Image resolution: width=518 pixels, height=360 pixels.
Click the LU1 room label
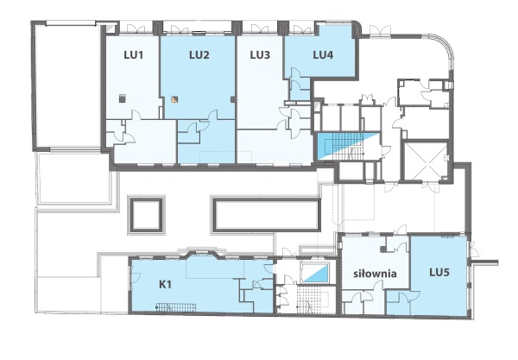point(134,55)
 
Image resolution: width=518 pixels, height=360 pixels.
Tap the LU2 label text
point(199,55)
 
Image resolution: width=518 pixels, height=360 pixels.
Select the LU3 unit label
point(260,55)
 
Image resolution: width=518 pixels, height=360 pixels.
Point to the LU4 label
point(323,55)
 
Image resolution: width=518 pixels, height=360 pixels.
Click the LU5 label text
point(439,273)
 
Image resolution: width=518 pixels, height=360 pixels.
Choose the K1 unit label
point(165,284)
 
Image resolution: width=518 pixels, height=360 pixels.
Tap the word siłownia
point(375,274)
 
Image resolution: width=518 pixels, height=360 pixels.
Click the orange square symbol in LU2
point(174,99)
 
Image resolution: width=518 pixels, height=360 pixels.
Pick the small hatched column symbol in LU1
point(123,98)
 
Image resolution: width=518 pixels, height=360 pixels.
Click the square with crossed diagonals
point(426,161)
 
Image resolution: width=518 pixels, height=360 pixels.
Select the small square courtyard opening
point(147,214)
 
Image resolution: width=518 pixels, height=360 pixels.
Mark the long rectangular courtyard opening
point(266,214)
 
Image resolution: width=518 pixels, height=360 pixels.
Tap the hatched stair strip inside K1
point(176,307)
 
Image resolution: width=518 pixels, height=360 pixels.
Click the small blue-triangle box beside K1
point(316,273)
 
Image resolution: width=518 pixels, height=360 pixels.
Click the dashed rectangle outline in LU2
point(226,157)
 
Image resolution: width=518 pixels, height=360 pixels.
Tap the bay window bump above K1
point(202,252)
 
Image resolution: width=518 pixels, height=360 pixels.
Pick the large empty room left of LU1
point(66,85)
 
